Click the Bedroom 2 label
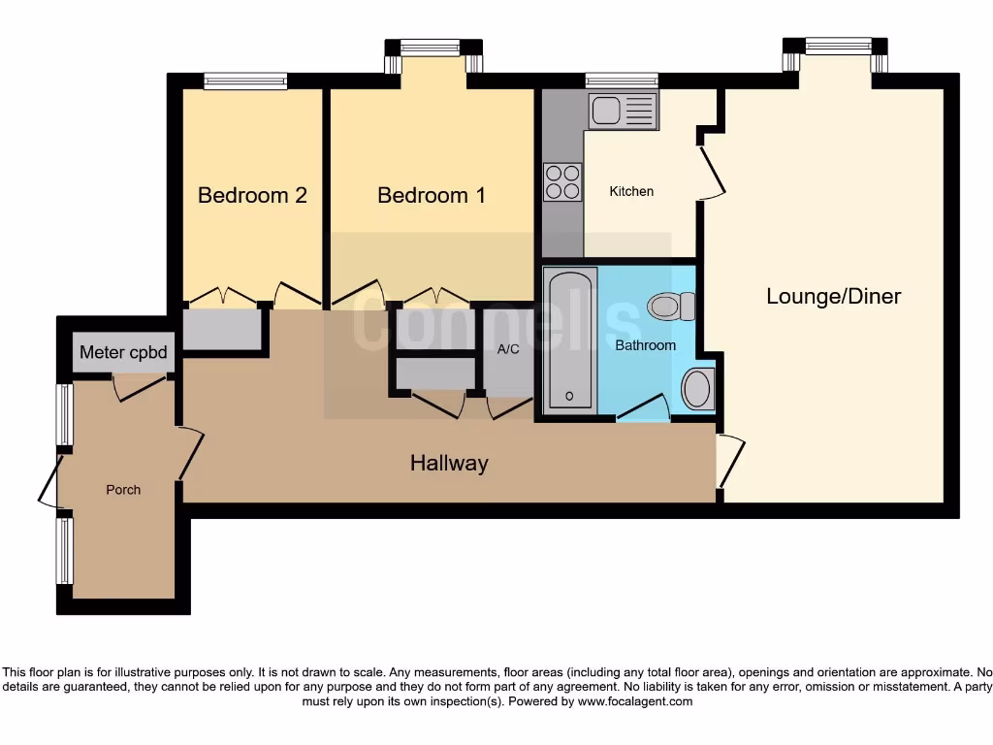click(x=252, y=195)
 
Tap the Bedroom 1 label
click(x=432, y=195)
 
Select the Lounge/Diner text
click(x=833, y=296)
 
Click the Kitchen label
click(x=631, y=191)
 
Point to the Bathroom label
click(x=645, y=344)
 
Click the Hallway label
click(x=448, y=463)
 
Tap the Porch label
click(x=123, y=490)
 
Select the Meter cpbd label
click(x=123, y=352)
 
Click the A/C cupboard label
click(x=509, y=350)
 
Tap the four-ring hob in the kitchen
click(x=562, y=181)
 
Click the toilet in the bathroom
click(x=671, y=307)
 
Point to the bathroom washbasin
click(x=697, y=389)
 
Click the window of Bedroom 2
click(x=245, y=81)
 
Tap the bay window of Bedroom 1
click(x=432, y=48)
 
